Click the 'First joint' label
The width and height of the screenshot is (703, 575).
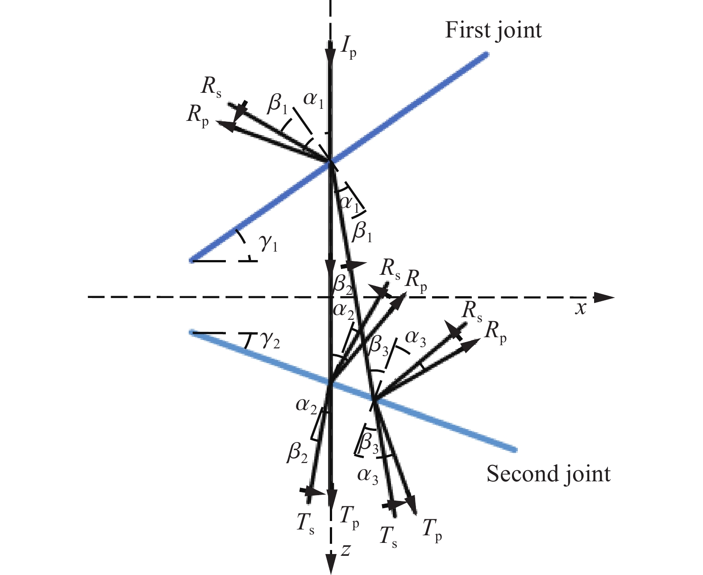point(493,31)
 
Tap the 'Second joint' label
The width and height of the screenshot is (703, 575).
point(548,474)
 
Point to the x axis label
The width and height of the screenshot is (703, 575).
point(580,309)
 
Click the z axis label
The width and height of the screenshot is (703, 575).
point(345,550)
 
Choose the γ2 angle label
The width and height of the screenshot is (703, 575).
point(270,340)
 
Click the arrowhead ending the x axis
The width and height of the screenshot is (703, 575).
point(604,297)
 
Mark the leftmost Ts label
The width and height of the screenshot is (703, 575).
point(305,523)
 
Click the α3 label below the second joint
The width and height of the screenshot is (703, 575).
point(368,476)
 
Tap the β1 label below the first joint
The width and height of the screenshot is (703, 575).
point(362,231)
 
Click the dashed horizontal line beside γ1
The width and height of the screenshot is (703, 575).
point(225,261)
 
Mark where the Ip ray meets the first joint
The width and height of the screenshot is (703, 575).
point(330,162)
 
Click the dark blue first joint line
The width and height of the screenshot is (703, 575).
point(339,157)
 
